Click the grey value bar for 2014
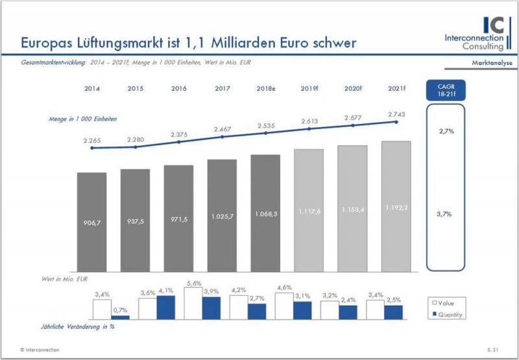pyautogui.click(x=91, y=221)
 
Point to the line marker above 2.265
pyautogui.click(x=91, y=148)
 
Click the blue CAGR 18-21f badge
pyautogui.click(x=446, y=90)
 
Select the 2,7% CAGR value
pyautogui.click(x=446, y=131)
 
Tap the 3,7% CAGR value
pyautogui.click(x=446, y=213)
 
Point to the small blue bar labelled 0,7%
pyautogui.click(x=121, y=317)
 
